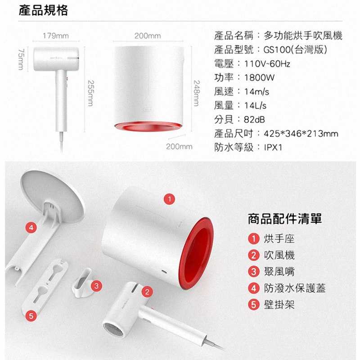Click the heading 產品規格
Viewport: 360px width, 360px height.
tap(43, 10)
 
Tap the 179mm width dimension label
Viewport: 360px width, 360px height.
tap(56, 36)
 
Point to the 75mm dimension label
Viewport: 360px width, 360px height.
tap(21, 59)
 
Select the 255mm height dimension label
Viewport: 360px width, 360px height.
tap(91, 93)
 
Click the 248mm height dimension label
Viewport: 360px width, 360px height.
tap(197, 93)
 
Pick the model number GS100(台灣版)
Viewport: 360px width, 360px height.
tap(295, 49)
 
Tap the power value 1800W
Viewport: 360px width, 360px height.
tap(259, 77)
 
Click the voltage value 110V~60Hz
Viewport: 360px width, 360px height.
tap(267, 63)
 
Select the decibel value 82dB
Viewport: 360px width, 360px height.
tap(254, 119)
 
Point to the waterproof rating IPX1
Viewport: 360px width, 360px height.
tap(273, 147)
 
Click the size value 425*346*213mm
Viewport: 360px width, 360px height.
tap(301, 133)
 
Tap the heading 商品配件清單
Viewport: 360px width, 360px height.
tap(285, 219)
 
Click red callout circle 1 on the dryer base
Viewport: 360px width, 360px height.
tap(170, 199)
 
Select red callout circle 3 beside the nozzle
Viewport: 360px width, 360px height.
tap(96, 286)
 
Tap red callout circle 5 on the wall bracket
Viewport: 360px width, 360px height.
tap(31, 316)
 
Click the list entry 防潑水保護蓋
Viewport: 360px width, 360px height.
tap(295, 288)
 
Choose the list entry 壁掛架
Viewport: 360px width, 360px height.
tap(279, 305)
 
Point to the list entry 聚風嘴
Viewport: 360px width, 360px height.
tap(279, 272)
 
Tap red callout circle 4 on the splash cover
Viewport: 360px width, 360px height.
tap(31, 228)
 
